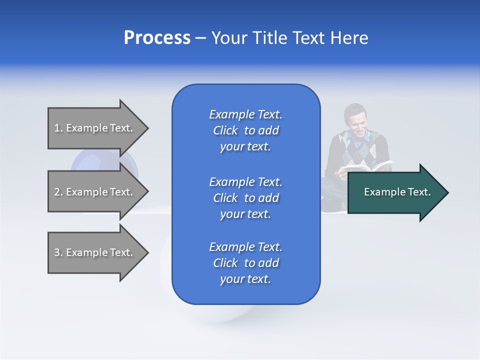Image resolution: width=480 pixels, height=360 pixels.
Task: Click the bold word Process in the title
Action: click(157, 38)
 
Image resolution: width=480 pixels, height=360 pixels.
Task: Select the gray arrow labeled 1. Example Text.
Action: click(95, 128)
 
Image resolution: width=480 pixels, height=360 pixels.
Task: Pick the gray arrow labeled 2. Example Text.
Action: click(95, 192)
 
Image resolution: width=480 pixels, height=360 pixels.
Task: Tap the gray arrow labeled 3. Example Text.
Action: click(95, 252)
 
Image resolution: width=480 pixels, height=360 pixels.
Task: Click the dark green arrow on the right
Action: click(395, 192)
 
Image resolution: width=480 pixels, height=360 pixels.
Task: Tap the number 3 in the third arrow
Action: click(57, 252)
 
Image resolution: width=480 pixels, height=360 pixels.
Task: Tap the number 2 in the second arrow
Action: click(57, 192)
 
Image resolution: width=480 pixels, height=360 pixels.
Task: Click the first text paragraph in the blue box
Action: click(246, 130)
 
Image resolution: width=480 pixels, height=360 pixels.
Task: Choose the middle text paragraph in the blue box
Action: click(246, 198)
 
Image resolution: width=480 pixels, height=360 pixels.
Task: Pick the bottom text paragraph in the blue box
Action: click(246, 263)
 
